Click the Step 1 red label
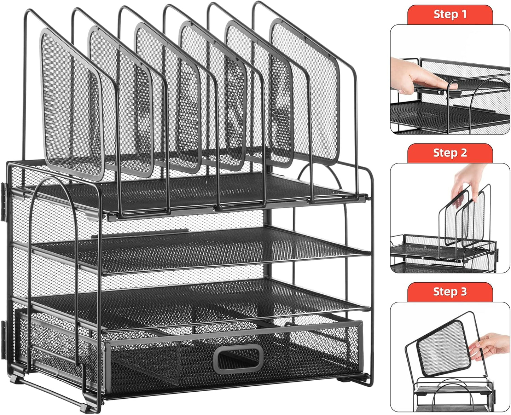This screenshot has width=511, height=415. click(x=450, y=15)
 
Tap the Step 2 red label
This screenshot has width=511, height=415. click(x=450, y=153)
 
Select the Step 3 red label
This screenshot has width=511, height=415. click(x=450, y=292)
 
